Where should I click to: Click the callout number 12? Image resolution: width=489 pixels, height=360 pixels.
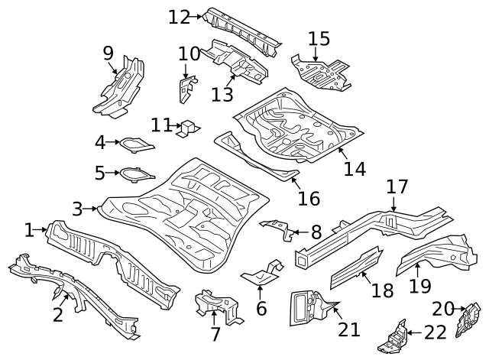coord(179,16)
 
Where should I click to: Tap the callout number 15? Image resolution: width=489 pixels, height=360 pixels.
coord(319,38)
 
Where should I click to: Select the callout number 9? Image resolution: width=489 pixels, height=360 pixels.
coord(108,53)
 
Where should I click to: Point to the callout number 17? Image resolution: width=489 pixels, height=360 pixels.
coord(397,187)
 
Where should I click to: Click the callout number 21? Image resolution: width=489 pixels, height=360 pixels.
coord(349,329)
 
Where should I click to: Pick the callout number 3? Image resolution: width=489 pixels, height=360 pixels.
coord(77,208)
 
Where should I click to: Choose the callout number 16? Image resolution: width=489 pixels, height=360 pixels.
coord(308,198)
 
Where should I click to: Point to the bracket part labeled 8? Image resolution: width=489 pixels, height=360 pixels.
coord(279,229)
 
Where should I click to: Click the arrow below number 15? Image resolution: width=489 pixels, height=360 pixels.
coord(315,55)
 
